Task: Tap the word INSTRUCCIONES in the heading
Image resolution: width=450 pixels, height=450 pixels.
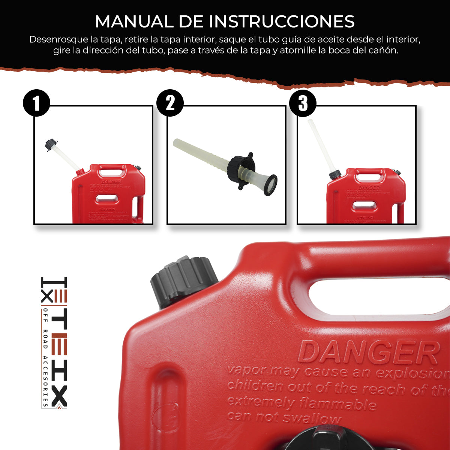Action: pyautogui.click(x=282, y=21)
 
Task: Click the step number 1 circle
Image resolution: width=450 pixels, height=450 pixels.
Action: pyautogui.click(x=36, y=103)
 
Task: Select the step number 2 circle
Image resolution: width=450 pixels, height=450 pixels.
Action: pyautogui.click(x=170, y=103)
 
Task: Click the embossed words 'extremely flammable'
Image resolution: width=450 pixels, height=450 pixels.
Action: pyautogui.click(x=301, y=403)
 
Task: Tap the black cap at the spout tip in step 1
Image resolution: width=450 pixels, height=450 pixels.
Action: pyautogui.click(x=51, y=145)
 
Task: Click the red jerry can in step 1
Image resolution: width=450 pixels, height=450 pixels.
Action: pyautogui.click(x=109, y=195)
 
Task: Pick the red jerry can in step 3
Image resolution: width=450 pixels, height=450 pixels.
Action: pyautogui.click(x=366, y=197)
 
